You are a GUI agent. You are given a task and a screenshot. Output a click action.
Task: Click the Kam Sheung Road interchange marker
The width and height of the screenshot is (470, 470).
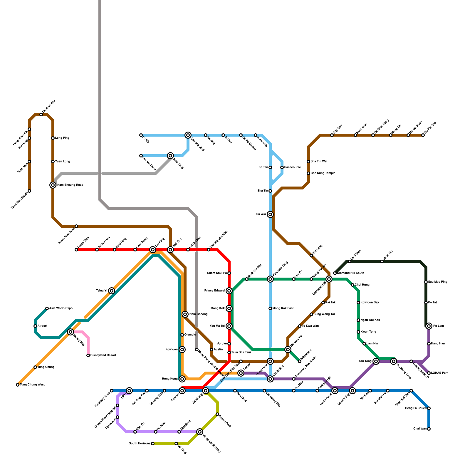(x=53, y=185)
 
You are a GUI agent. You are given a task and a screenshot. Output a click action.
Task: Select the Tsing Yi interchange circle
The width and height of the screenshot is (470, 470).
(x=112, y=291)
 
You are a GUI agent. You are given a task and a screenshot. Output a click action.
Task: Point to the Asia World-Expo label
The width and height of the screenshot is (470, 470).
(x=61, y=308)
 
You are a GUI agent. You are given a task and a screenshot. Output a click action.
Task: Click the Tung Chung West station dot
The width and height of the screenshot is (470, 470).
(x=18, y=385)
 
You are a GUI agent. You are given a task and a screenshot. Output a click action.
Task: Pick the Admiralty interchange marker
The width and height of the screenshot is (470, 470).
(x=206, y=391)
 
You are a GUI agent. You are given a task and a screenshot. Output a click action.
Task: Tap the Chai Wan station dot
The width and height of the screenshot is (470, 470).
(x=429, y=429)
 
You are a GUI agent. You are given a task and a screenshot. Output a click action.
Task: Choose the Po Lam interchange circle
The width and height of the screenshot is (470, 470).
(x=429, y=326)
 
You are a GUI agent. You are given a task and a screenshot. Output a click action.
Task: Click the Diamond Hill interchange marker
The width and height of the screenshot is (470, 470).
(x=329, y=279)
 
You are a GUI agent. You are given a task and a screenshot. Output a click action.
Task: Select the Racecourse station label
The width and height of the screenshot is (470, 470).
(x=292, y=167)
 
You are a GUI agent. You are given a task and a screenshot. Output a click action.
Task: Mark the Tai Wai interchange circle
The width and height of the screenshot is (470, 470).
(x=270, y=214)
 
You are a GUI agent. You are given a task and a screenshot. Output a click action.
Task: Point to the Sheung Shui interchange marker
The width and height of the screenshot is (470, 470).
(x=188, y=135)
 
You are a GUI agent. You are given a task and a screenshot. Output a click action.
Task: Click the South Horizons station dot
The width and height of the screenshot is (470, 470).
(x=153, y=444)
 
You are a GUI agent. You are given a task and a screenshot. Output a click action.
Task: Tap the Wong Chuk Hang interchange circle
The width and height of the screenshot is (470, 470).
(x=200, y=432)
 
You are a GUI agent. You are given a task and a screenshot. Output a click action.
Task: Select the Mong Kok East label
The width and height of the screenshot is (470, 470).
(x=283, y=308)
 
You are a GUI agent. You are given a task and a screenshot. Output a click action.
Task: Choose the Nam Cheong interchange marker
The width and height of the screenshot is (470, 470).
(x=185, y=314)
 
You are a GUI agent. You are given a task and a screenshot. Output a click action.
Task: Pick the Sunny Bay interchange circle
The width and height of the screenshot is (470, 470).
(x=70, y=332)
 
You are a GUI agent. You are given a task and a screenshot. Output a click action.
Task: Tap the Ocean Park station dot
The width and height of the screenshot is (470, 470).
(x=217, y=414)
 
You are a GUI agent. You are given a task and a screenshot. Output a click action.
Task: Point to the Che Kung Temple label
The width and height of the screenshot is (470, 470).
(x=323, y=173)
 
